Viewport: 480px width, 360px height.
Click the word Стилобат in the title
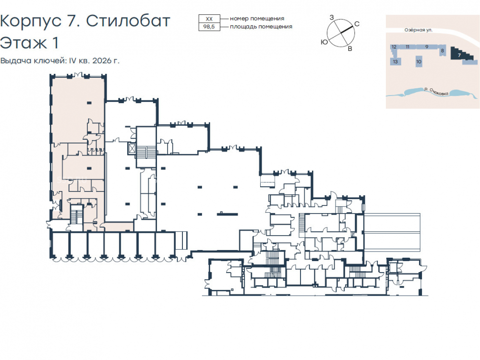128,22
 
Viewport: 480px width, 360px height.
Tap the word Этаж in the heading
24,43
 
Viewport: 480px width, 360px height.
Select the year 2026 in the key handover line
103,60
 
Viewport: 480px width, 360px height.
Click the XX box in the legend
209,19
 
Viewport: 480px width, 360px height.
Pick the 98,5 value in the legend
209,26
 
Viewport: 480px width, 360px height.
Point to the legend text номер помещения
257,19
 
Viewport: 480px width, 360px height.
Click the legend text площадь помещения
261,26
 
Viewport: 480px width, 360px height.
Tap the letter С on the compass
357,24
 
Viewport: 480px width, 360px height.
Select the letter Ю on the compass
324,42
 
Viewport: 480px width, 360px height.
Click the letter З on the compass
332,17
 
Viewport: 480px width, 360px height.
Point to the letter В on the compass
350,48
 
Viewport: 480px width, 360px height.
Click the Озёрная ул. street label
419,30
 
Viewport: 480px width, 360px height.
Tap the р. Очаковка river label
436,91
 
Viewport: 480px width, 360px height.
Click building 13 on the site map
395,61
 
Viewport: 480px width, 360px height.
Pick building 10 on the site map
419,61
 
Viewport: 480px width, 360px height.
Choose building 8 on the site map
442,50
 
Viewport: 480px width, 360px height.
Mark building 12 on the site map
394,47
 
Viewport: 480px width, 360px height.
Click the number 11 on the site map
408,47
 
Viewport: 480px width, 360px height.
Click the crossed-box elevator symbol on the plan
132,149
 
